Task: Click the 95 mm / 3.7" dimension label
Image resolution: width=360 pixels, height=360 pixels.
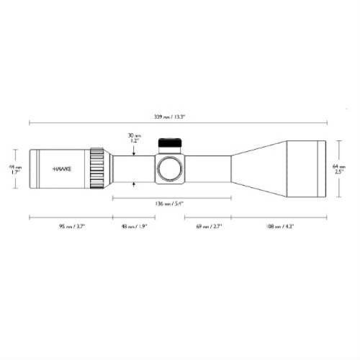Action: (70, 225)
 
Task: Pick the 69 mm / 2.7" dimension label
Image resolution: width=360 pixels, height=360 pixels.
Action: (210, 225)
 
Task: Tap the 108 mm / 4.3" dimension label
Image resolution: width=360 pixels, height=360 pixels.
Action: (281, 225)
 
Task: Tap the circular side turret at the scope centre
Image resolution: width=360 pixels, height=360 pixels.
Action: (171, 168)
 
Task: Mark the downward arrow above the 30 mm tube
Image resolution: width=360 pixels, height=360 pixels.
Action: (135, 149)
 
